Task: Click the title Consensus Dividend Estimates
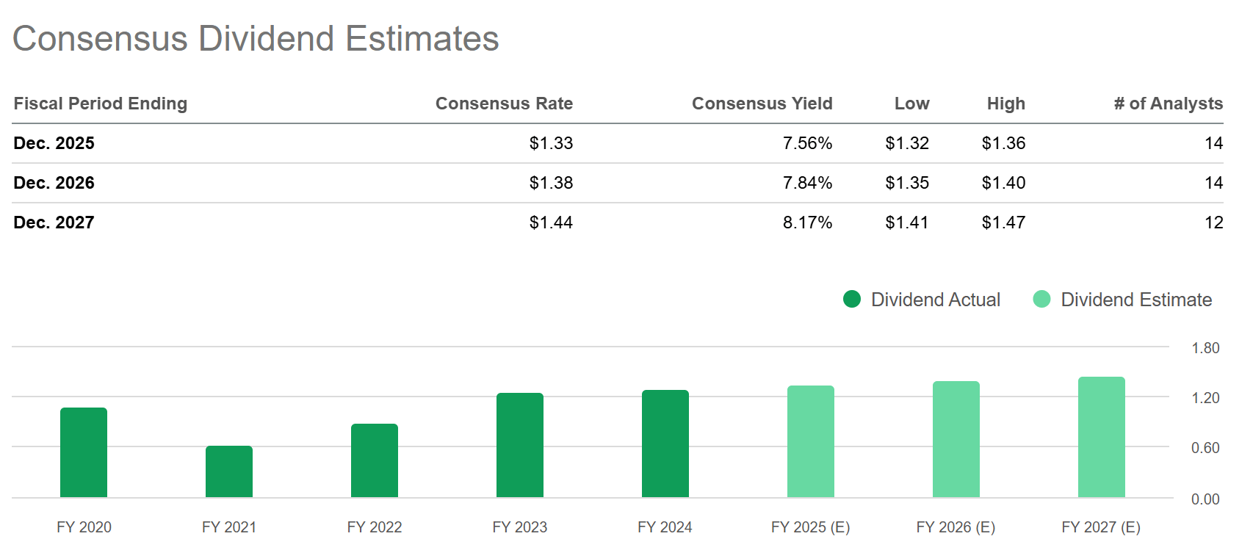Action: [x=256, y=39]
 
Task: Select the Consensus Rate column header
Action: [x=504, y=104]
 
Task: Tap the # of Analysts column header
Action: [x=1168, y=104]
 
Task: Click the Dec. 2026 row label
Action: [x=54, y=183]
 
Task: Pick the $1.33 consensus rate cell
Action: [x=551, y=143]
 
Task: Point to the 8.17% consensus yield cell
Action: [x=807, y=222]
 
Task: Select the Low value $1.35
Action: [x=907, y=183]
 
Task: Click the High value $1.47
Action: [x=1003, y=222]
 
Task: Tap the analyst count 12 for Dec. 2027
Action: [x=1213, y=222]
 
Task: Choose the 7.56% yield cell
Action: [x=807, y=143]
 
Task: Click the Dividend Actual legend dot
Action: [x=852, y=299]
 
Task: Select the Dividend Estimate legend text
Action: [x=1136, y=300]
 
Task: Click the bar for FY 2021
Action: [x=229, y=472]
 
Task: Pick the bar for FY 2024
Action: [x=665, y=444]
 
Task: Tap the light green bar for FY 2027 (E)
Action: [x=1101, y=438]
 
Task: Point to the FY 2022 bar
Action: [x=375, y=461]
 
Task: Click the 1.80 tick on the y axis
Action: [x=1205, y=348]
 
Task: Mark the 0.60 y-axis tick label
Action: [x=1205, y=448]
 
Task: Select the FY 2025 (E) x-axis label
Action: [x=810, y=527]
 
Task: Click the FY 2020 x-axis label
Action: [x=84, y=527]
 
